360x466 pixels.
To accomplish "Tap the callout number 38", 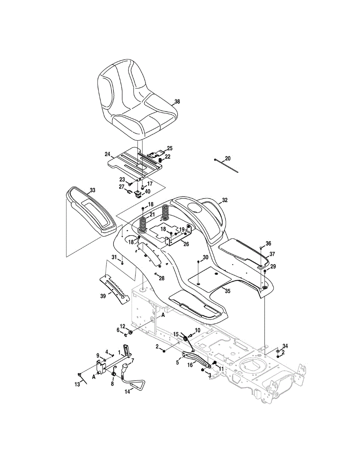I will (177, 102).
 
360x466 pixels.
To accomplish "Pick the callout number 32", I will (224, 200).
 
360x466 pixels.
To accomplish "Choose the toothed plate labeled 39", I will (115, 287).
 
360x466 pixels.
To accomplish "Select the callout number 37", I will (272, 254).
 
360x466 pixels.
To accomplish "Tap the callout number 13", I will (77, 384).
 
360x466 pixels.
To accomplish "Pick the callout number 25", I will (169, 148).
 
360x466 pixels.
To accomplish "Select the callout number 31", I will (114, 257).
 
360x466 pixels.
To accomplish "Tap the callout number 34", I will (285, 346).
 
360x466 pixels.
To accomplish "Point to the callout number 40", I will (148, 191).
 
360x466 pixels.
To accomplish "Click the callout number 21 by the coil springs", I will (152, 215).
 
